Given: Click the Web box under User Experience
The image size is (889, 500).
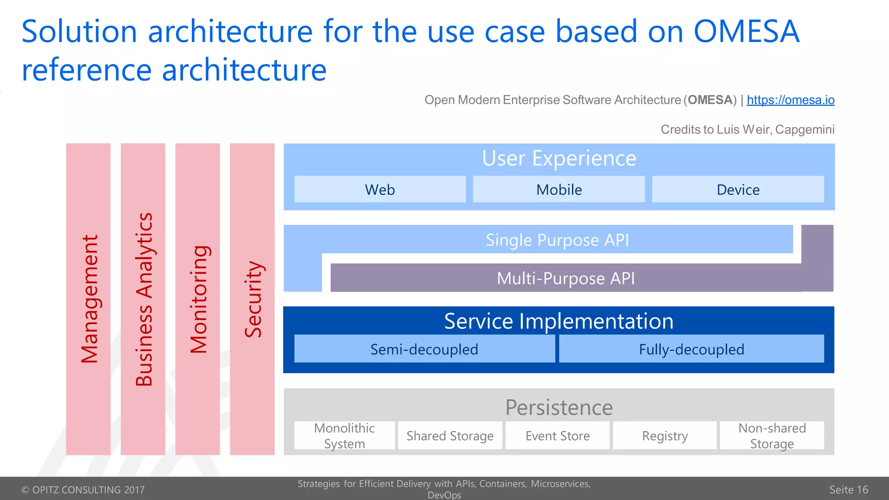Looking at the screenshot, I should tap(380, 189).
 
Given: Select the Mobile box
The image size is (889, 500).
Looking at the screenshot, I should tap(559, 189).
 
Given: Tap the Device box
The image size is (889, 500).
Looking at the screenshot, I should tap(738, 189).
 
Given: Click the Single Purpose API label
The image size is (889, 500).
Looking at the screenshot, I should tap(557, 240).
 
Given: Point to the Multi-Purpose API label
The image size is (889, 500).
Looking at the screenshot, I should tap(566, 278).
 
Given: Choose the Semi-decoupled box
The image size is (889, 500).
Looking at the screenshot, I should tap(424, 349).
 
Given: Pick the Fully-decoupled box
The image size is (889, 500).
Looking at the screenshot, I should tap(691, 349).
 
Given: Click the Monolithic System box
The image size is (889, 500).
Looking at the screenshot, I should tap(345, 435).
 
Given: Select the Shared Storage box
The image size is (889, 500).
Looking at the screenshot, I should tap(450, 435).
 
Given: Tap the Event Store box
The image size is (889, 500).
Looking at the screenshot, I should tap(557, 435).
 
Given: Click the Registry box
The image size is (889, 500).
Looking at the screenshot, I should tap(665, 435).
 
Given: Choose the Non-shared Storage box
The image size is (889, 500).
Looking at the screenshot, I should tap(772, 435).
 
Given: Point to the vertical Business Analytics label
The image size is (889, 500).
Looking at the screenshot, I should tap(144, 299).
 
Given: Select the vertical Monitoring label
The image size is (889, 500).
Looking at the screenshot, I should tap(199, 299).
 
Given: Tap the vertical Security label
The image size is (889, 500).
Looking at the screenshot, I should tap(253, 299).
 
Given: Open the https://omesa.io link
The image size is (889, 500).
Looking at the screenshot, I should tap(790, 100).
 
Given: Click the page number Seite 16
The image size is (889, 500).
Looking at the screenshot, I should tap(848, 490).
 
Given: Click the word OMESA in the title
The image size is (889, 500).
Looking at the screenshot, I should tap(746, 31).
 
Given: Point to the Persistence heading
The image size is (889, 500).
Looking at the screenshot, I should tap(559, 407).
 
